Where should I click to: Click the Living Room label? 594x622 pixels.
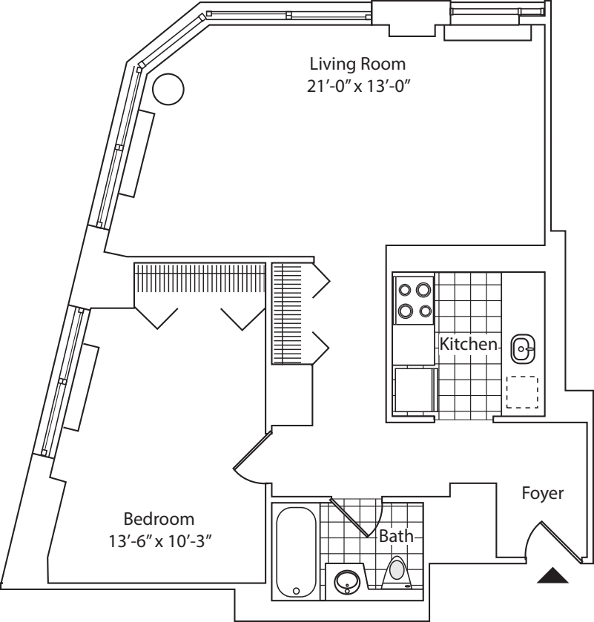[x=357, y=62]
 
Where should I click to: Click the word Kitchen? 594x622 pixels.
[x=467, y=344]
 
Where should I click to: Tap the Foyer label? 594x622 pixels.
[x=543, y=492]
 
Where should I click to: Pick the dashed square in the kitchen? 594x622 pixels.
[x=522, y=392]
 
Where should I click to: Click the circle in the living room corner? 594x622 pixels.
[x=167, y=90]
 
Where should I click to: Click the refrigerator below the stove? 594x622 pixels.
[x=415, y=393]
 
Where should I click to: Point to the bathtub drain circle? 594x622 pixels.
[x=296, y=592]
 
